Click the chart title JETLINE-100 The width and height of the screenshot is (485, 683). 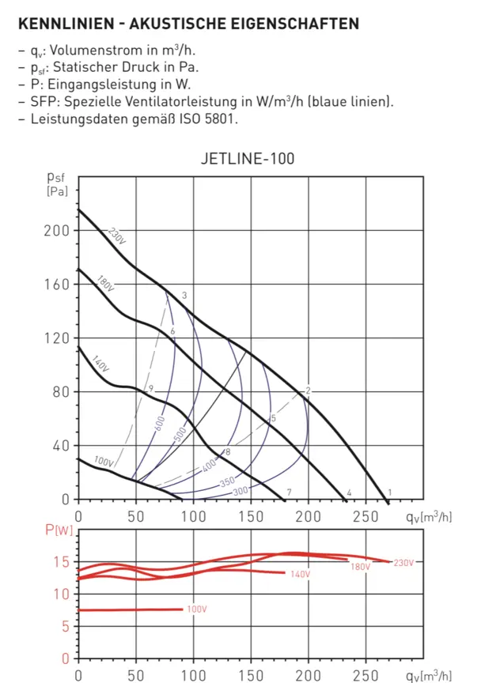click(248, 158)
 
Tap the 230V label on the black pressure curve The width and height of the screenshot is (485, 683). click(118, 236)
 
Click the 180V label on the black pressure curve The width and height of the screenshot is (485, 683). click(106, 284)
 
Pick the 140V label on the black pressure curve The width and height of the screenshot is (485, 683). click(99, 365)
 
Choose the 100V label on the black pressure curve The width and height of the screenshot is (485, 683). click(104, 461)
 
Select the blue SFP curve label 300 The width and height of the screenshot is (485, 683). click(241, 491)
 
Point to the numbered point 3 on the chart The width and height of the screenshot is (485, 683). click(184, 296)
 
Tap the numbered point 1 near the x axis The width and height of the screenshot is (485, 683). click(389, 492)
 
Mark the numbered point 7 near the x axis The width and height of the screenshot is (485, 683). click(289, 492)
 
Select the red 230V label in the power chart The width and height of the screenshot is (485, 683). click(403, 562)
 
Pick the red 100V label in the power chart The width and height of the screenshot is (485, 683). click(197, 609)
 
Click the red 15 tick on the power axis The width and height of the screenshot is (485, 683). click(63, 562)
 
